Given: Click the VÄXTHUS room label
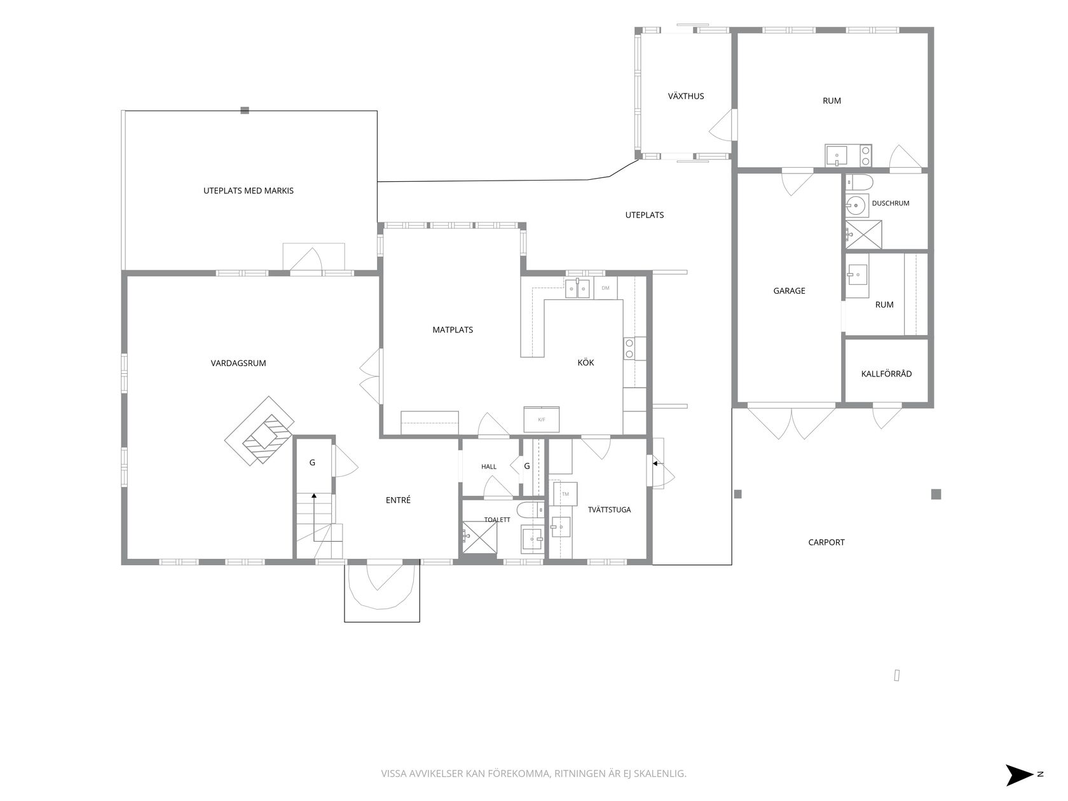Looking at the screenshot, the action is (685, 96).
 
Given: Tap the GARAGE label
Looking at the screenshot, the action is (789, 291).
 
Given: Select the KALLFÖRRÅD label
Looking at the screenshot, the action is (886, 374).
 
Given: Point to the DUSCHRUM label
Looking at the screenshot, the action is (890, 203).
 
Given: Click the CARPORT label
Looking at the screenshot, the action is (826, 542).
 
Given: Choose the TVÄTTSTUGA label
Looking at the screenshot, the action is (609, 510).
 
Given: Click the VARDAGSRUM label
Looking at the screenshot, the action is (238, 363).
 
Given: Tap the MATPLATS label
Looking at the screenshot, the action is (453, 330).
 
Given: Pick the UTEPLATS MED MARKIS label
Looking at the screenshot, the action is (248, 191).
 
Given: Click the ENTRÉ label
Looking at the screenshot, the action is (398, 500).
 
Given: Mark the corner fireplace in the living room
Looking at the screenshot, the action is (259, 431).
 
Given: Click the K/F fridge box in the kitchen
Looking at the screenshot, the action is (541, 419).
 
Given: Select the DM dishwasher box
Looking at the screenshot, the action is (605, 288).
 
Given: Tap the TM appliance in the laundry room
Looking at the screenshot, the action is (565, 494).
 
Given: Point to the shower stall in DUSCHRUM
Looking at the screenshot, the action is (864, 235).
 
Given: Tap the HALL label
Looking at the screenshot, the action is (488, 467).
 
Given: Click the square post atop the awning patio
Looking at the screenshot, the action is (245, 111).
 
